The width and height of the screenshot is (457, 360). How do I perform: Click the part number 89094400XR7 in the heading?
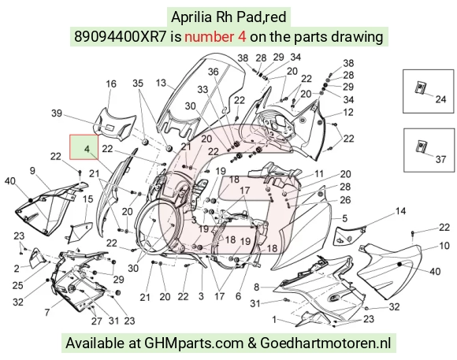120,37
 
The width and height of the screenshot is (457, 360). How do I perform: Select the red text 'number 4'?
215,37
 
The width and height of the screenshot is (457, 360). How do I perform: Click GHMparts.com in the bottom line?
194,343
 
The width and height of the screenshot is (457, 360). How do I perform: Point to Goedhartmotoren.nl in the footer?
325,343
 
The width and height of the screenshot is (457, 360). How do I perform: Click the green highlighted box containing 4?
84,147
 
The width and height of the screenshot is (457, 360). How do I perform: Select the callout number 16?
111,84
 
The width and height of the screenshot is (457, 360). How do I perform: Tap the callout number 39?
57,113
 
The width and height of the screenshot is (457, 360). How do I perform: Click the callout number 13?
161,83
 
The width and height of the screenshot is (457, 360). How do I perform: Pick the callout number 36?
213,72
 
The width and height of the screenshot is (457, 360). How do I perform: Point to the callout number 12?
348,112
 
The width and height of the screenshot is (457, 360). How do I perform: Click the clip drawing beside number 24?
420,87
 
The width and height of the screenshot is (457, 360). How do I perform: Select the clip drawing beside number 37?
420,146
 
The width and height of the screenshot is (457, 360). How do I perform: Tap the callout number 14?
401,211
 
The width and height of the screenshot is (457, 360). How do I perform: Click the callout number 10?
444,246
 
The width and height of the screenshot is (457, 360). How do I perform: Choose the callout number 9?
32,170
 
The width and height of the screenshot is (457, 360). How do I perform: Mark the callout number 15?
87,199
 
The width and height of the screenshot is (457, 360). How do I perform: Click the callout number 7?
47,313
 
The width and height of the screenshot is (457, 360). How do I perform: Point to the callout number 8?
256,287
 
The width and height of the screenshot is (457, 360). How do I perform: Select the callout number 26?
345,200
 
